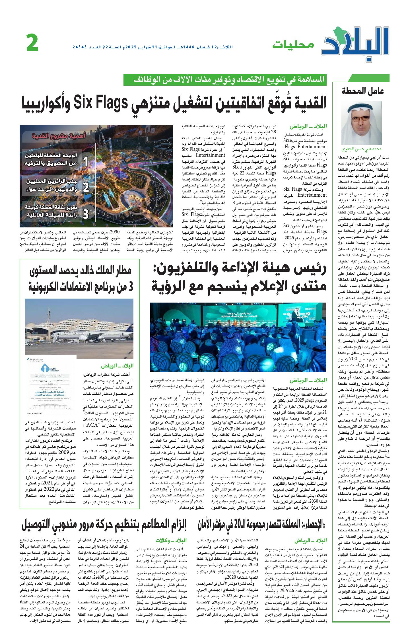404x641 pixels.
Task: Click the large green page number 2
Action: [x=32, y=43]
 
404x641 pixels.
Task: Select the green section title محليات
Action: [x=293, y=45]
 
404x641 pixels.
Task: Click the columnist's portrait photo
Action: [x=361, y=123]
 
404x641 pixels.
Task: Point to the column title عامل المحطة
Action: [x=363, y=91]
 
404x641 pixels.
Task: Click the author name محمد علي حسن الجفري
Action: [x=361, y=149]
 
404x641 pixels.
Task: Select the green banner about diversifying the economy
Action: [x=225, y=80]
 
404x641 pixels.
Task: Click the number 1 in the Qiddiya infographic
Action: [x=86, y=162]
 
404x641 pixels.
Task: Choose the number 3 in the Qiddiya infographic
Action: [x=86, y=213]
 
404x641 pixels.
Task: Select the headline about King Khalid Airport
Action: [x=81, y=279]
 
